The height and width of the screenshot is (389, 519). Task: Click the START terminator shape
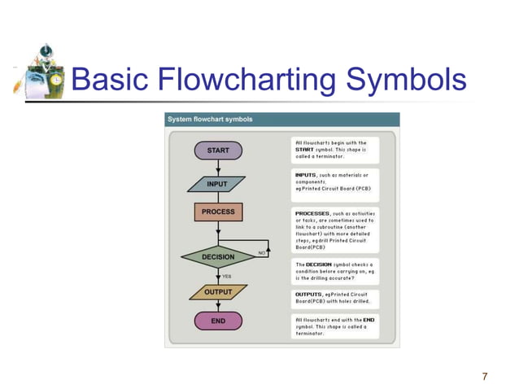(218, 151)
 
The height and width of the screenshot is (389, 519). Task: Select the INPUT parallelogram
(217, 184)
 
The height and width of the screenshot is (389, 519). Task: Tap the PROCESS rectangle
(218, 212)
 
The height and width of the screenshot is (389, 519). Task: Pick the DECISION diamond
(218, 257)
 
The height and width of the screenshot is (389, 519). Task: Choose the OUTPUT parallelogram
(218, 291)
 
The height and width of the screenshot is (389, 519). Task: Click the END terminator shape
(218, 321)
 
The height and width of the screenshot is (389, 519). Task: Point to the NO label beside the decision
(262, 253)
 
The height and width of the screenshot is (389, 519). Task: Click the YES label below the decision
(227, 276)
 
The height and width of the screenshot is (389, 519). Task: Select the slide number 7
(485, 376)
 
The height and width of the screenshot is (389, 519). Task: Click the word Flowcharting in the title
(246, 81)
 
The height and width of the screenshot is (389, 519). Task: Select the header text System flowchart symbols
(210, 119)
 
